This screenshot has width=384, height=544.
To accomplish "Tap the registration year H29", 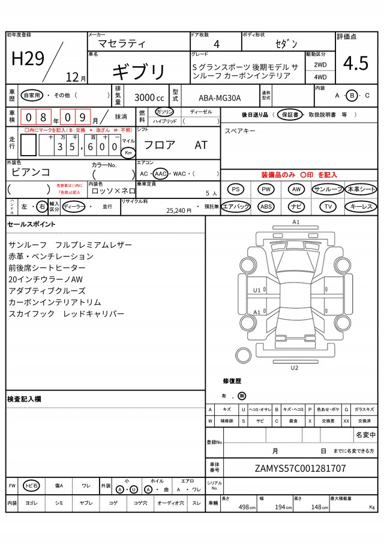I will point(28,58).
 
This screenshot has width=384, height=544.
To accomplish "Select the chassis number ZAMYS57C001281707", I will point(300,468).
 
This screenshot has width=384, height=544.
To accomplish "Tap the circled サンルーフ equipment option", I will point(328,189).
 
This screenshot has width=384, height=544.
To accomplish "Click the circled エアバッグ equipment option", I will point(236,206).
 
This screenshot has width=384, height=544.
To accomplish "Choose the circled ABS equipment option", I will point(266,206).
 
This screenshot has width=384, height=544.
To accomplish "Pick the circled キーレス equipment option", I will point(361,206).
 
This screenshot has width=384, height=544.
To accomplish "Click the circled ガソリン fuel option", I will point(164,112).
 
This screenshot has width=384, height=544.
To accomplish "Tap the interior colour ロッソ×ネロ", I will point(113,191).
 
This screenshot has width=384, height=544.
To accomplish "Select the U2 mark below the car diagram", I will point(294,367).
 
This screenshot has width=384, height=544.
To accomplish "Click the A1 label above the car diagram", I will point(296,222).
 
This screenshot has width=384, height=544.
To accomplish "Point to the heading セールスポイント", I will point(31,224).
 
